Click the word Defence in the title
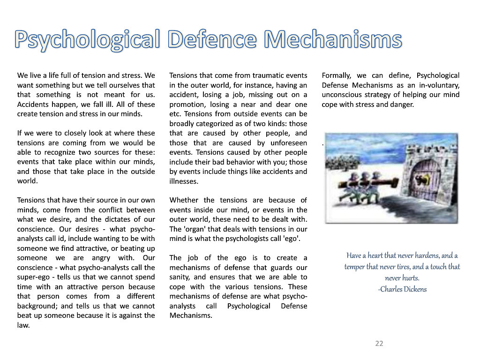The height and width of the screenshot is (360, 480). tap(213, 39)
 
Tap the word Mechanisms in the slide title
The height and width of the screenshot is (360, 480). tap(333, 39)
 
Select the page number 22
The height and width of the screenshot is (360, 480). tap(379, 344)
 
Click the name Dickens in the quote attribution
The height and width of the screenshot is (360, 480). tap(416, 289)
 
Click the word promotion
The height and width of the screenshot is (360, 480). tap(186, 105)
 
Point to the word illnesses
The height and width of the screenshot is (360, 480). tap(184, 181)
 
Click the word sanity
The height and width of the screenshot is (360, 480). tap(180, 277)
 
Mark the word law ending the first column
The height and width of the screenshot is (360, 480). tap(23, 325)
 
